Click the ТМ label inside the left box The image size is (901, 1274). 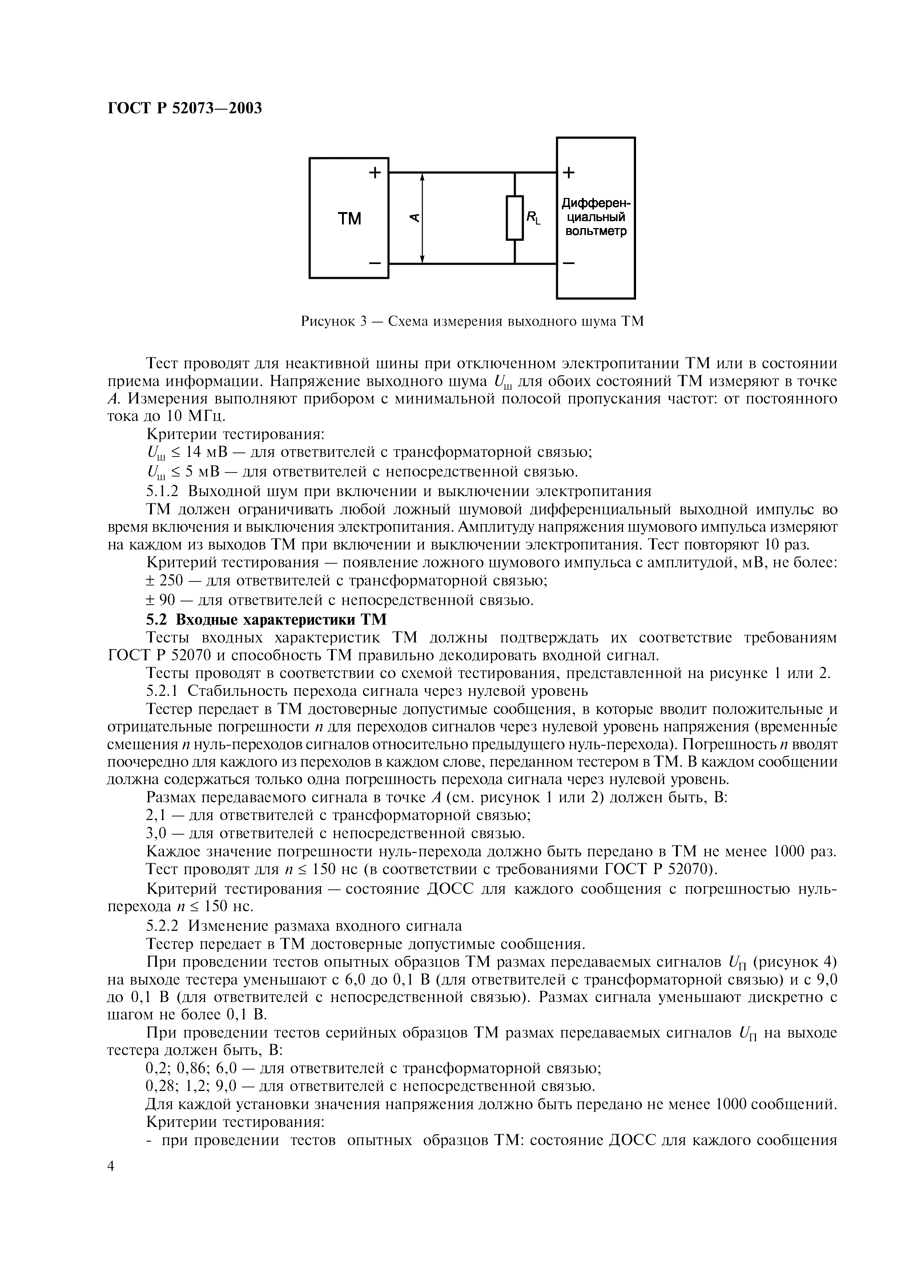pos(349,219)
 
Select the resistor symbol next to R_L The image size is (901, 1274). pos(515,218)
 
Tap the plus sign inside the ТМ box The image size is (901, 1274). pos(375,173)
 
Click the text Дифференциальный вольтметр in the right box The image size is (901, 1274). pos(596,218)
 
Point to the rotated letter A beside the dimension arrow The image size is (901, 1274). pos(414,218)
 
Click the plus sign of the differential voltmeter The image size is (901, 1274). pos(569,173)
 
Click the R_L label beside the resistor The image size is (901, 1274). pos(534,218)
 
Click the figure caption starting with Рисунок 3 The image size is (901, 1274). pos(472,321)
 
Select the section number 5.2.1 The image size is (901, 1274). pos(164,691)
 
